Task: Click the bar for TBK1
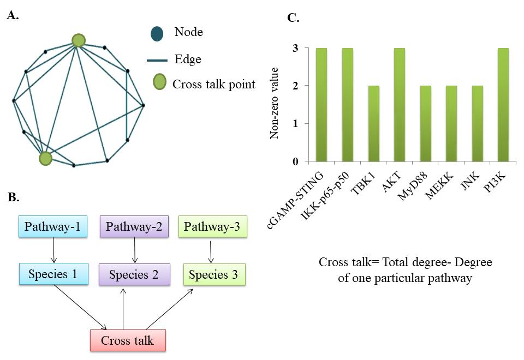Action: [x=373, y=124]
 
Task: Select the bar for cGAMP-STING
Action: [x=321, y=105]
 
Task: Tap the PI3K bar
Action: [x=503, y=105]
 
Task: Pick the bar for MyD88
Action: [x=425, y=124]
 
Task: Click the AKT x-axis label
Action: [x=392, y=182]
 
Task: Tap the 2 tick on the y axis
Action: [x=295, y=86]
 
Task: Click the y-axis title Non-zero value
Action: [x=274, y=103]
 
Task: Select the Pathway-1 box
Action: [x=53, y=226]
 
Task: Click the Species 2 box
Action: [x=134, y=274]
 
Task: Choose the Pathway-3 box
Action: [x=212, y=226]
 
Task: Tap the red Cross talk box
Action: [x=128, y=340]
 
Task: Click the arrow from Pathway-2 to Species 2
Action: [x=135, y=250]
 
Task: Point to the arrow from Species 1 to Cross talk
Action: [x=81, y=307]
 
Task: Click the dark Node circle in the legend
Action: [x=157, y=33]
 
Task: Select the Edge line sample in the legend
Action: [x=157, y=61]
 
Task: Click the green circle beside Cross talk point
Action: [x=160, y=82]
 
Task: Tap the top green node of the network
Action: [x=79, y=40]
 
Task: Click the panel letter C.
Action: [x=293, y=17]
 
